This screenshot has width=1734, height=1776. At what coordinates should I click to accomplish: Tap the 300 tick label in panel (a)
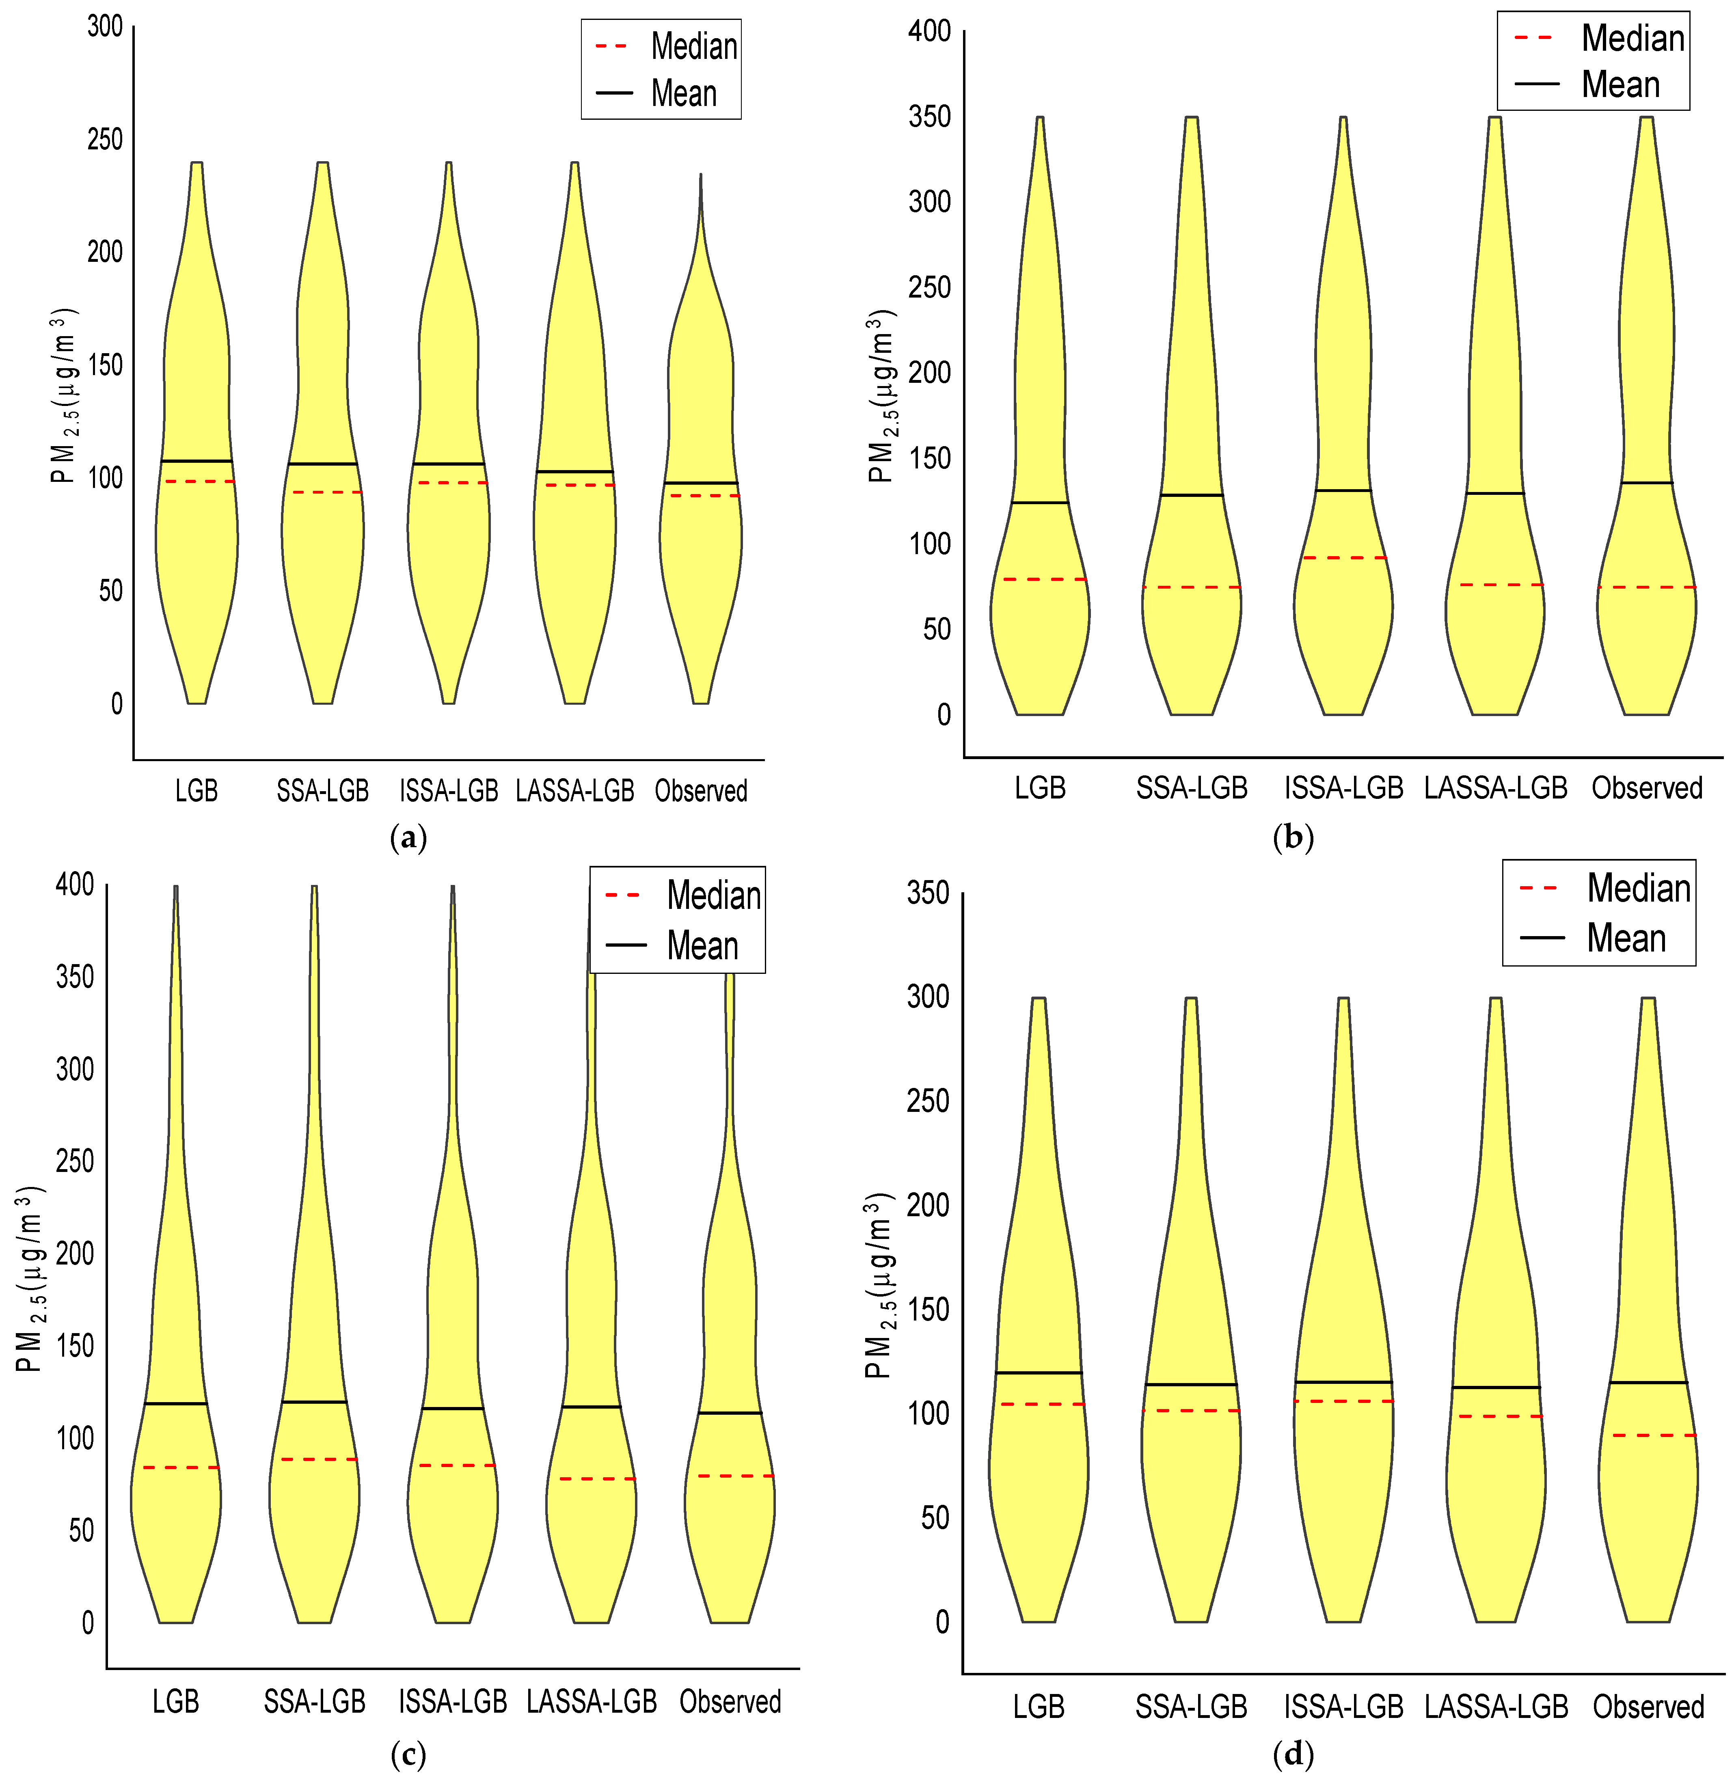point(105,26)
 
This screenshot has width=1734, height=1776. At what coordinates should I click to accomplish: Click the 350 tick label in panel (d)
point(928,893)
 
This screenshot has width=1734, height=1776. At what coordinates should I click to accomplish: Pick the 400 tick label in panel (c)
point(75,885)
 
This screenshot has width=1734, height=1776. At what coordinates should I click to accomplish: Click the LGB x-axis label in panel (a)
point(197,790)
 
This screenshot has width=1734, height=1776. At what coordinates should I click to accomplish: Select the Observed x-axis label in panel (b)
point(1647,788)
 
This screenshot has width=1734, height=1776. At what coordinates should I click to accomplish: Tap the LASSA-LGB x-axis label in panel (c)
point(592,1701)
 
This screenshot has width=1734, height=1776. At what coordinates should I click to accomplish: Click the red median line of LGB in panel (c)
point(176,1467)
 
